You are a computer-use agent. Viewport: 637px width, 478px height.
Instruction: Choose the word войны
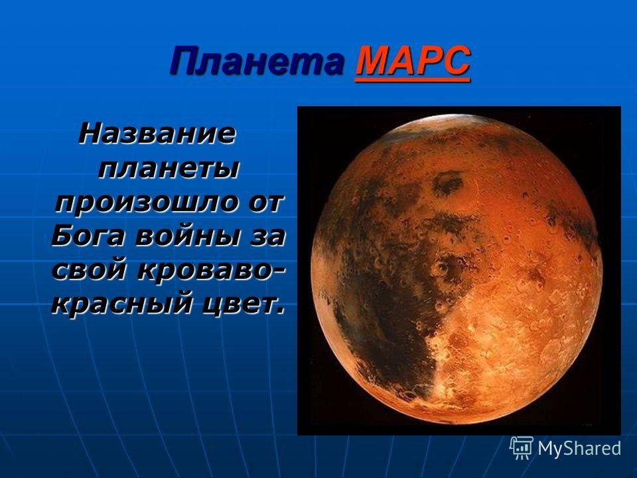click(x=190, y=236)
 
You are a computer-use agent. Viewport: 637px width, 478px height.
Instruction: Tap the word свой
click(x=91, y=270)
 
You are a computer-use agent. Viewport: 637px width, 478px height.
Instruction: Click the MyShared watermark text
click(x=579, y=448)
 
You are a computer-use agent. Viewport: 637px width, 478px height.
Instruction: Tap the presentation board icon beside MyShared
click(x=522, y=448)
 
